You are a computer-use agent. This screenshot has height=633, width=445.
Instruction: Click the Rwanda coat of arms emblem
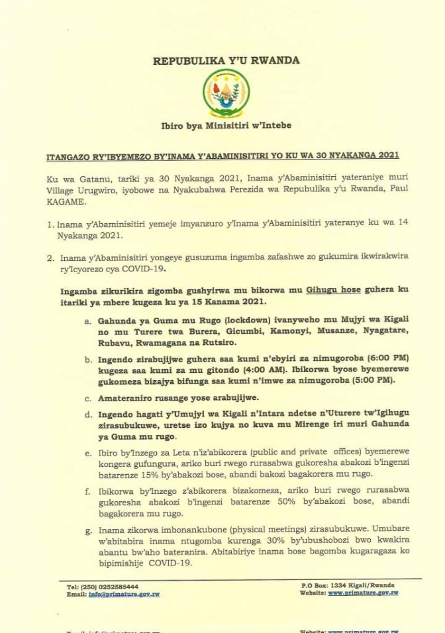(226, 94)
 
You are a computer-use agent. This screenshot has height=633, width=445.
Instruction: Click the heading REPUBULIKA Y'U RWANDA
(226, 60)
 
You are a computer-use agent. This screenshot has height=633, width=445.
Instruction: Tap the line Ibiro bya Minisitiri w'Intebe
(226, 125)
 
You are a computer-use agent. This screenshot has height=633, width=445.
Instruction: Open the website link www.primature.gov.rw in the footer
(363, 593)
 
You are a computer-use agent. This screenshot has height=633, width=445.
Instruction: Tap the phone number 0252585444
(117, 586)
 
